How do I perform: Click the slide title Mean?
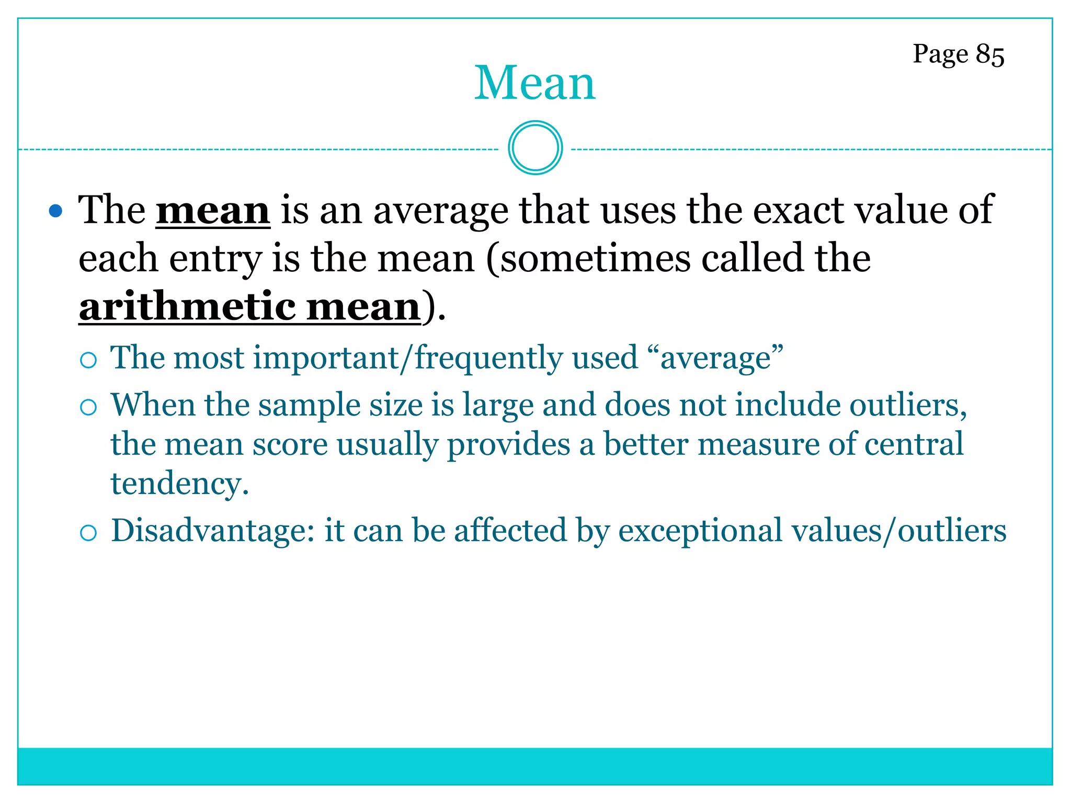(x=534, y=83)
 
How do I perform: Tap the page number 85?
(x=989, y=54)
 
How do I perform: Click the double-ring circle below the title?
(x=535, y=148)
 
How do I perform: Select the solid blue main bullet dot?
(x=55, y=211)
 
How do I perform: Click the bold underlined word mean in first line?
(x=213, y=211)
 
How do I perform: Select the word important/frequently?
(x=408, y=359)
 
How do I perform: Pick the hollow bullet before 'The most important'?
(x=88, y=360)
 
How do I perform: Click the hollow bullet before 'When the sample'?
(x=88, y=407)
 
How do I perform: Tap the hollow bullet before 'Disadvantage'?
(x=88, y=533)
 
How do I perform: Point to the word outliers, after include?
(x=908, y=406)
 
